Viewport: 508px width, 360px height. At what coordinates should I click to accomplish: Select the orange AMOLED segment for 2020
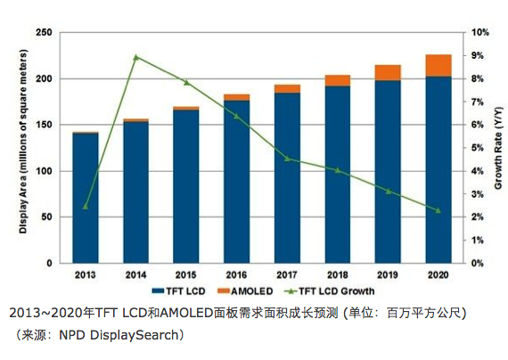point(438,66)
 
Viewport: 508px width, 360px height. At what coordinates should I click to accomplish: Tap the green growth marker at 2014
point(135,57)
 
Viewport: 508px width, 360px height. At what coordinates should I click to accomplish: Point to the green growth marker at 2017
point(287,159)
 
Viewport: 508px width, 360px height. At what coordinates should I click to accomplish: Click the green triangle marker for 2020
point(438,210)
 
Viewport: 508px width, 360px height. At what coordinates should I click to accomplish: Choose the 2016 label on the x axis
point(236,275)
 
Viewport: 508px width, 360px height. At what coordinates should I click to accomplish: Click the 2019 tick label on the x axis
point(388,275)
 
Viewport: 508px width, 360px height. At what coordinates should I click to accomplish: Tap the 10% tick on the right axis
point(479,33)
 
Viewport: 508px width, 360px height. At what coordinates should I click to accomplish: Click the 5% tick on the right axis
point(478,148)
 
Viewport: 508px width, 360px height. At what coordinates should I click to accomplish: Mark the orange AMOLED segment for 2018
point(337,80)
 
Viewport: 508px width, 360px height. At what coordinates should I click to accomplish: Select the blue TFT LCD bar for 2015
point(186,186)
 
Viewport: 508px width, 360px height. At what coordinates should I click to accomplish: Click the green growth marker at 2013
point(86,206)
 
